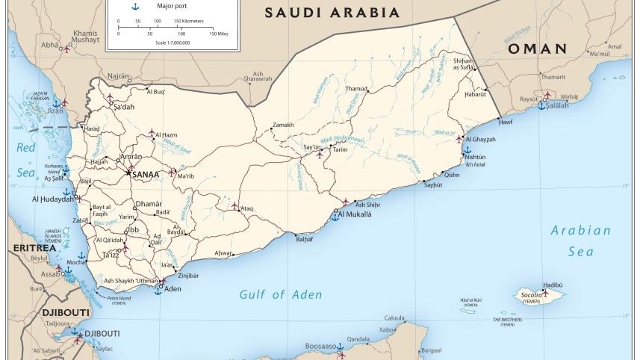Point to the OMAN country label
pos(537,49)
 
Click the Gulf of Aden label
pos(281,294)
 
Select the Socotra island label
pos(531,296)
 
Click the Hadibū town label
pos(553,285)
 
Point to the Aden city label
pos(173,288)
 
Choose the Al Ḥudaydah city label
pos(53,199)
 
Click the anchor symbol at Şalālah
pos(541,106)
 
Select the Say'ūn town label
pos(311,148)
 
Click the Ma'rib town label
pos(186,176)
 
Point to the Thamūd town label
pos(356,89)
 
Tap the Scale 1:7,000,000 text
pos(173,43)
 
